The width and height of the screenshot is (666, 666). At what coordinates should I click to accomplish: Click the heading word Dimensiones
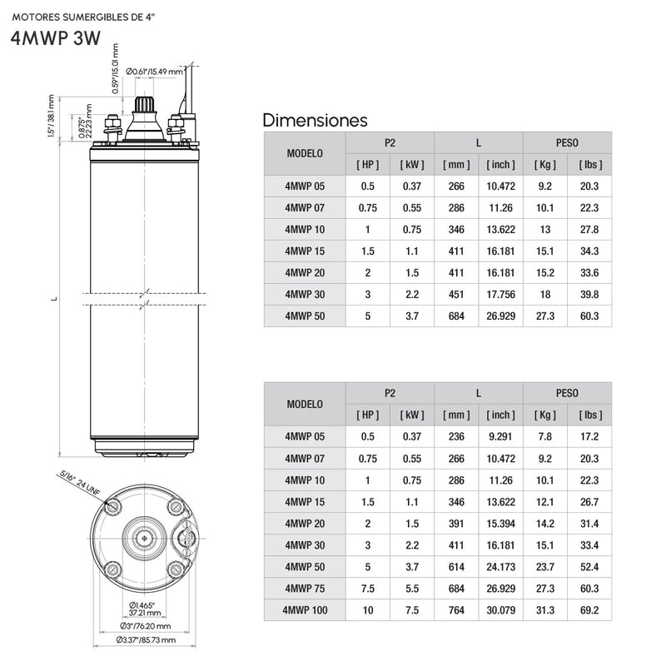click(315, 120)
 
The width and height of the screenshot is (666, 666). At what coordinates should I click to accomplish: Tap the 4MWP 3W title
click(56, 38)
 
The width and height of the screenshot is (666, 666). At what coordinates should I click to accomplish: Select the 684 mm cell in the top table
click(456, 316)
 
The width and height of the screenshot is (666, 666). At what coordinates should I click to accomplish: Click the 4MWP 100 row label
click(305, 610)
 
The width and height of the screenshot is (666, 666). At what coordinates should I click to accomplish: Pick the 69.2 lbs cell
click(589, 610)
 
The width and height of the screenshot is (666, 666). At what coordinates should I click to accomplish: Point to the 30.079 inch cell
click(501, 610)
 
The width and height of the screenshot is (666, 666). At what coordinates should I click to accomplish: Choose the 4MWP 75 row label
click(305, 589)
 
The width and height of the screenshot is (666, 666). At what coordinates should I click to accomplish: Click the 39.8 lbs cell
click(589, 295)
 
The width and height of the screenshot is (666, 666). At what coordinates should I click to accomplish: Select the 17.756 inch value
click(501, 295)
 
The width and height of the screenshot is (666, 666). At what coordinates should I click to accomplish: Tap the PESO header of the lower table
click(567, 393)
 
